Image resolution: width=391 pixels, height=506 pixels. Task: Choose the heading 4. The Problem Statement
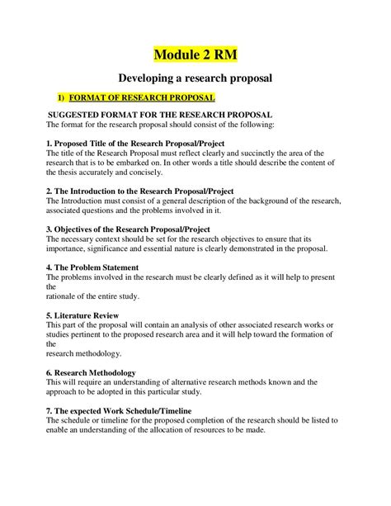(x=92, y=267)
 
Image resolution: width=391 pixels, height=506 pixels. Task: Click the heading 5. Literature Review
(x=83, y=315)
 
